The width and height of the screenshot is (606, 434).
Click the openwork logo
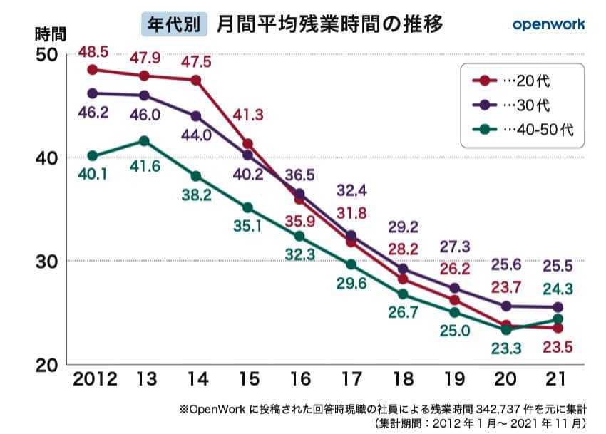click(548, 24)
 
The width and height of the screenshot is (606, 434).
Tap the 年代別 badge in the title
click(174, 25)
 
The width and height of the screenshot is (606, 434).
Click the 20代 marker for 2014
click(196, 80)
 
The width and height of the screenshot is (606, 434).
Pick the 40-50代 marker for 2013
click(144, 141)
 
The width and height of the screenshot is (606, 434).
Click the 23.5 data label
click(557, 348)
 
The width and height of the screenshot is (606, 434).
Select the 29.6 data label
click(351, 285)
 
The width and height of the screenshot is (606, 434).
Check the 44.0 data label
click(195, 135)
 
